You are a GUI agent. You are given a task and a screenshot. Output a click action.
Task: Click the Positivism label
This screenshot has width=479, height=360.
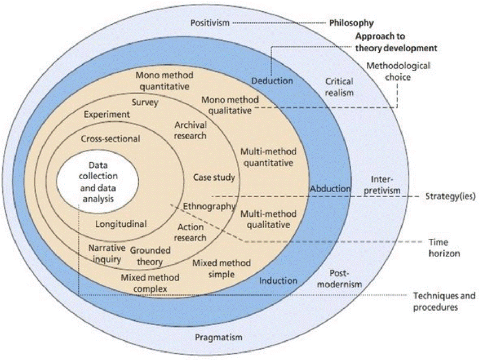tap(210, 23)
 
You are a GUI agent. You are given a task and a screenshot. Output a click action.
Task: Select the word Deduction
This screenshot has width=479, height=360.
tap(272, 81)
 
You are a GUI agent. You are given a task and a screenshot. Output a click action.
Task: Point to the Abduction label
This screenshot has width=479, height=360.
tap(330, 189)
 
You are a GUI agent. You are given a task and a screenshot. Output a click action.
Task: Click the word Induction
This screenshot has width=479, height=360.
tap(278, 281)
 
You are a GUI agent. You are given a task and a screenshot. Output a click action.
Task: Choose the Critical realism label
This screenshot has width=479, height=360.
tap(339, 87)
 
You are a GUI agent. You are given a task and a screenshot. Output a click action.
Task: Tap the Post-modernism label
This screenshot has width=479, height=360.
tap(339, 279)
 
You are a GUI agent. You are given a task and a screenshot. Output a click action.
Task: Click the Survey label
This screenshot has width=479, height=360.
tap(145, 103)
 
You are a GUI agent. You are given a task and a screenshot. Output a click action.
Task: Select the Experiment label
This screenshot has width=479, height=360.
tap(107, 114)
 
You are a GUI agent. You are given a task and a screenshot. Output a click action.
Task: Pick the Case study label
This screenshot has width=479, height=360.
tap(214, 178)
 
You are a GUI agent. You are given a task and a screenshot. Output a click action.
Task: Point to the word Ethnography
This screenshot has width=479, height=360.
tap(209, 207)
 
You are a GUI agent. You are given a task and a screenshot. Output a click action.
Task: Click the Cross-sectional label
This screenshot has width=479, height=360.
tap(110, 139)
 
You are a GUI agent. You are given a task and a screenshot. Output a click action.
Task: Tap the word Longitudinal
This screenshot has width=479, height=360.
tap(121, 224)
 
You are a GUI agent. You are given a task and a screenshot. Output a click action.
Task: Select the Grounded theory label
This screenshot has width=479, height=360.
tap(147, 256)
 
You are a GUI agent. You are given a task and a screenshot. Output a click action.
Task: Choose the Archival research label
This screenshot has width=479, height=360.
tap(190, 130)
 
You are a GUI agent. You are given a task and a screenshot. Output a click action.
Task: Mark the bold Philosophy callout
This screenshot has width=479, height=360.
tap(352, 23)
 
